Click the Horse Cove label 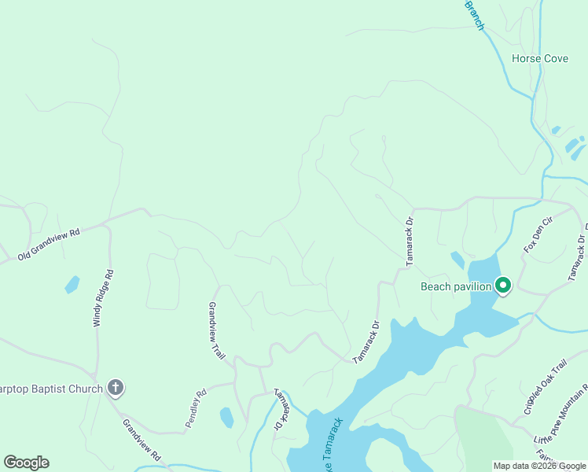[x=539, y=59]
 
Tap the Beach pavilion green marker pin [x=503, y=286]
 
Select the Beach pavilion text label [x=456, y=286]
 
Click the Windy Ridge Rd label [x=104, y=298]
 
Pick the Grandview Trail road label [x=217, y=330]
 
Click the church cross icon [x=115, y=387]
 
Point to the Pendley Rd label [x=196, y=408]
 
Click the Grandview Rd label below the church [x=141, y=439]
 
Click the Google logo [x=26, y=463]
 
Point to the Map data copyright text [x=540, y=466]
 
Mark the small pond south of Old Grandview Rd [x=72, y=284]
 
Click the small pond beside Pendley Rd [x=226, y=417]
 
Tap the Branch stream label [x=476, y=15]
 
